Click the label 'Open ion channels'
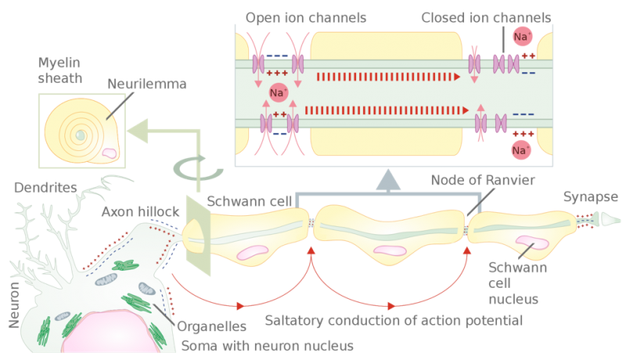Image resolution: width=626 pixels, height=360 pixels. pos(306,18)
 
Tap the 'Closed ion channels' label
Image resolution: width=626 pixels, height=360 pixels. pos(486,18)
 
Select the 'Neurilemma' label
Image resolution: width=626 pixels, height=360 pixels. pos(147,84)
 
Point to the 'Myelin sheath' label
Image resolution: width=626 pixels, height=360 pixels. pos(60,70)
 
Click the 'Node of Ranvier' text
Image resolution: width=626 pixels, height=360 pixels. pos(483,180)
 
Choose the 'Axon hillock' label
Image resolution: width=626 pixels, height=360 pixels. pos(141,211)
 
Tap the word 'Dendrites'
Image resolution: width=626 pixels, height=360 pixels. pos(45,188)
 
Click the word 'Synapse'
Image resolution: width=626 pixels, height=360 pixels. pos(591,197)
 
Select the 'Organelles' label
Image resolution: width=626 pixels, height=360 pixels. pos(211,326)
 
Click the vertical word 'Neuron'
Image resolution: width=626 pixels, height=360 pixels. pos(14,305)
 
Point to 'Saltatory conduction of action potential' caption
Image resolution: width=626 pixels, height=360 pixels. pos(394,321)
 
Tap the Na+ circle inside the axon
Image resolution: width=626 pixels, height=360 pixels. pos(279,92)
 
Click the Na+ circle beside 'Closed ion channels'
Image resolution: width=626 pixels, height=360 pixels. pos(522,36)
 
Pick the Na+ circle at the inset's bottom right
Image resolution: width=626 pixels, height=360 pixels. pos(521,150)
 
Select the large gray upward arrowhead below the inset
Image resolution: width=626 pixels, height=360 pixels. pos(388,179)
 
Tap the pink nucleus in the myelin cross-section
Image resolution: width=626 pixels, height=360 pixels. pos(109,153)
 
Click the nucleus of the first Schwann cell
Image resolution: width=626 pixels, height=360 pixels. pos(252,252)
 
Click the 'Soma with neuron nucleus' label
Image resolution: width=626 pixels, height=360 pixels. pos(268,346)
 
